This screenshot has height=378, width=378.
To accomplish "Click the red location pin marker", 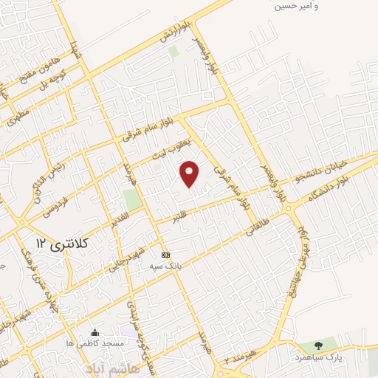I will coord(190,173).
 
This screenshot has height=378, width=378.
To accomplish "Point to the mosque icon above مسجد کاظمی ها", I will coord(94,333).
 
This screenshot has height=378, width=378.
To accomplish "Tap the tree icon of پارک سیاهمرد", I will coord(318,345).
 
